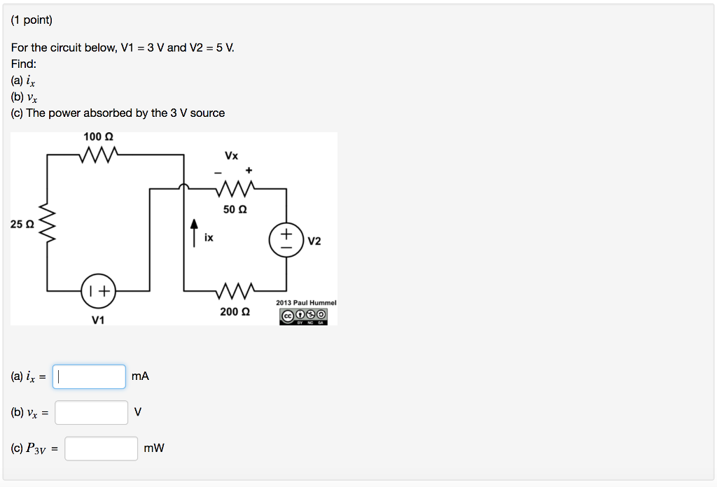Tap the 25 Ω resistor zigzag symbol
(x=48, y=224)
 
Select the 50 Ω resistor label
(x=234, y=209)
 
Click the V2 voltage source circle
(x=286, y=240)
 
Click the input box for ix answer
(x=90, y=376)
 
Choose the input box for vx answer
(x=92, y=413)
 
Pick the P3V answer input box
(x=102, y=449)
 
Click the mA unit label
(x=140, y=376)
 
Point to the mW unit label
(x=153, y=449)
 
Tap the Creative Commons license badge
(x=303, y=316)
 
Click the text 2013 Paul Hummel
(x=306, y=302)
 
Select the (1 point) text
(x=32, y=20)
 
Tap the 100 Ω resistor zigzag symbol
(x=99, y=154)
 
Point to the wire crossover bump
(x=183, y=187)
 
